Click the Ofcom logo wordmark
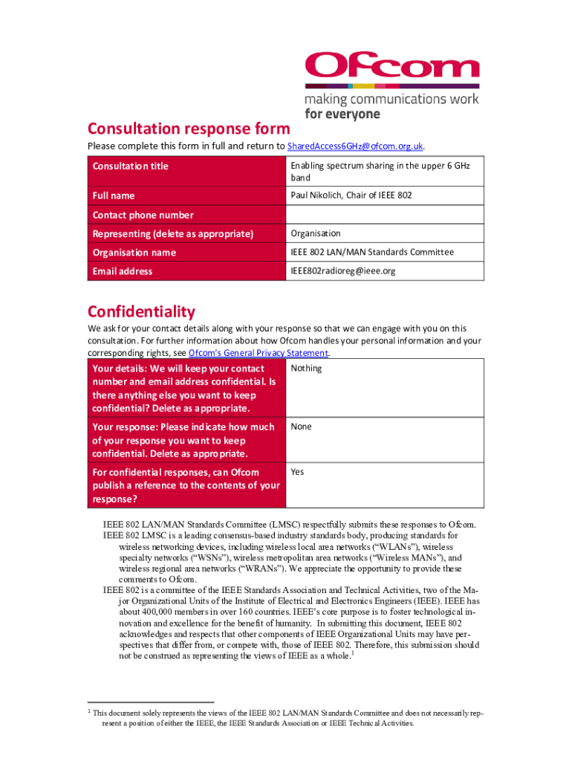(391, 65)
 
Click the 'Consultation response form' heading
(189, 128)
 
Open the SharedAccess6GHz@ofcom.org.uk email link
(355, 146)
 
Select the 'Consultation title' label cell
(131, 166)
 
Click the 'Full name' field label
(114, 195)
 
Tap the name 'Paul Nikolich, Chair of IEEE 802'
(351, 195)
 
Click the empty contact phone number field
(385, 215)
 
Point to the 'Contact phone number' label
(143, 215)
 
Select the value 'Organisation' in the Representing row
(316, 233)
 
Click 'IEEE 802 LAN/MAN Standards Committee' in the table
(372, 253)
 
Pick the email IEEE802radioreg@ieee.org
(342, 271)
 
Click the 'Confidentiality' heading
(141, 311)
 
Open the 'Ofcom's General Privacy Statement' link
(258, 353)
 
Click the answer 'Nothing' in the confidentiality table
(306, 369)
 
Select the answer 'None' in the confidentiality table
(301, 427)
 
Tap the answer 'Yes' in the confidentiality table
(297, 472)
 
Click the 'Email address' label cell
(123, 271)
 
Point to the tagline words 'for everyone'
(342, 114)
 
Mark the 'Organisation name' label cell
(134, 253)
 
